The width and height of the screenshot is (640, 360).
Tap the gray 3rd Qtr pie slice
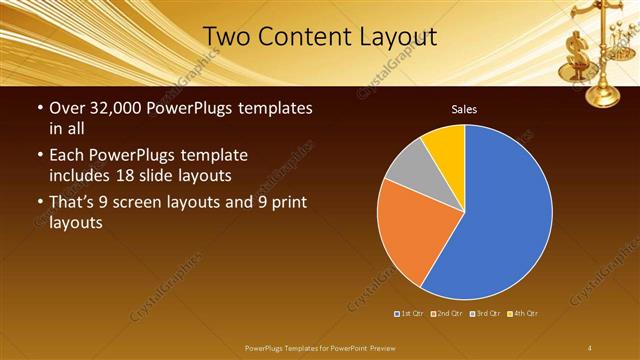point(405,167)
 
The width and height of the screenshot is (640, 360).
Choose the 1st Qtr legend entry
point(409,314)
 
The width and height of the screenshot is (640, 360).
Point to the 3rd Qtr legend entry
point(486,314)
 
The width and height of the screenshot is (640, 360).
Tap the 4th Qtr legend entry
point(523,314)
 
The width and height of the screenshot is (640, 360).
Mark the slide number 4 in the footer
point(590,347)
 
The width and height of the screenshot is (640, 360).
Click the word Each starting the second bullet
point(65,155)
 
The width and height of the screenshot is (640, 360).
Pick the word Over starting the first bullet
point(66,108)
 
